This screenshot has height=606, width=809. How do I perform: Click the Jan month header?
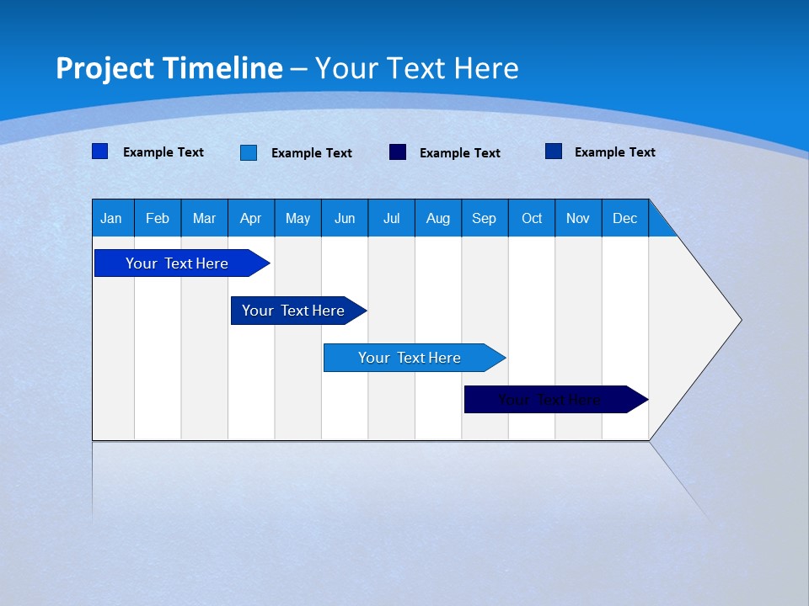[112, 218]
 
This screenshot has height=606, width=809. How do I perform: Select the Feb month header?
[158, 218]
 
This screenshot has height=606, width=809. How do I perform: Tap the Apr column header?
[251, 218]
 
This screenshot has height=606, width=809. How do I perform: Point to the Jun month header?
[345, 218]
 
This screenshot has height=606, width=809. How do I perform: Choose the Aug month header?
[438, 218]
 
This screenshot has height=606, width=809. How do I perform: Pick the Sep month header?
[485, 218]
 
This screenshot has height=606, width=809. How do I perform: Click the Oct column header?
[532, 218]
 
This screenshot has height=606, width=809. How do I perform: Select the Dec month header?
[625, 218]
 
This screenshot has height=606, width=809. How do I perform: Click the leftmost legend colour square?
[100, 151]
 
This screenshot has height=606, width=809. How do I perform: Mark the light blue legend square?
[249, 152]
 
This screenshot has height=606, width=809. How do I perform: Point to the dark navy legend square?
[398, 152]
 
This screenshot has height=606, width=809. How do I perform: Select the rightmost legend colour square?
[554, 151]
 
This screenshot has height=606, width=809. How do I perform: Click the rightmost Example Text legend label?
[614, 152]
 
